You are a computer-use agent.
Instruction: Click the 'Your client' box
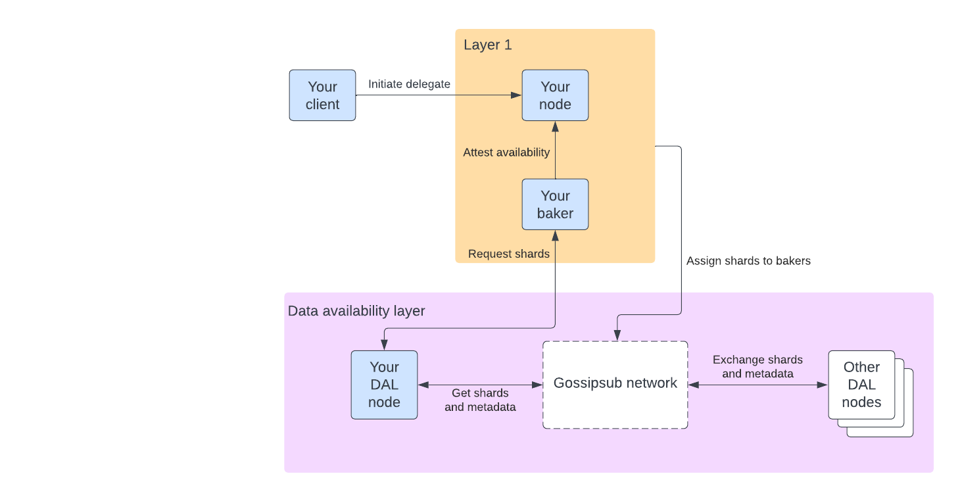(x=322, y=95)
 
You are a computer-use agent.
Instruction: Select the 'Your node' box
(x=555, y=95)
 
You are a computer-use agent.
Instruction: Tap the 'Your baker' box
(x=555, y=204)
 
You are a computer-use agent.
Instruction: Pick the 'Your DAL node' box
(x=384, y=385)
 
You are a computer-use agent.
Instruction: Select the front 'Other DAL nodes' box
(x=861, y=385)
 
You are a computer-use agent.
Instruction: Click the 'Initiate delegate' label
(x=409, y=84)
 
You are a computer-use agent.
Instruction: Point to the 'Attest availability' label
(x=506, y=153)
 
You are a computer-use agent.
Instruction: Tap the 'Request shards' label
(x=509, y=254)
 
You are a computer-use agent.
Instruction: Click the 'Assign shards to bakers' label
(x=748, y=261)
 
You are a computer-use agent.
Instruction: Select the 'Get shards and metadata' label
(x=480, y=400)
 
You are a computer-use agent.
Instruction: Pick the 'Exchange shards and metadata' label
(x=757, y=367)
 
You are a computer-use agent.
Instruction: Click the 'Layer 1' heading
(x=487, y=45)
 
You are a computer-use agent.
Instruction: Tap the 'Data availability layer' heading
(x=356, y=311)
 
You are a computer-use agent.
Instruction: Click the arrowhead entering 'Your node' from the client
(x=517, y=95)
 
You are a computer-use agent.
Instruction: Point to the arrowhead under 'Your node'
(x=555, y=126)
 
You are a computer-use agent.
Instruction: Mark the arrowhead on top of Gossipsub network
(x=617, y=336)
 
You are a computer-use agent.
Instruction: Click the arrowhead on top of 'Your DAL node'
(x=384, y=345)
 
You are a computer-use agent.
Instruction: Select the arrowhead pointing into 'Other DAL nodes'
(x=823, y=385)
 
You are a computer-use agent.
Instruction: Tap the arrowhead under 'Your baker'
(x=555, y=235)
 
